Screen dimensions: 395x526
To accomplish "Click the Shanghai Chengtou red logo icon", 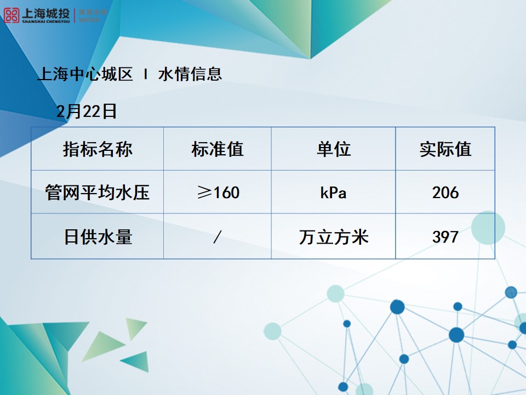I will (x=12, y=15).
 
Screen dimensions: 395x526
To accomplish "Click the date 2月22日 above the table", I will (x=87, y=111).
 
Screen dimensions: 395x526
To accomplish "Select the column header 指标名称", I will (x=98, y=149).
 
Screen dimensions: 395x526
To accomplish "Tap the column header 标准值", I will (x=218, y=149).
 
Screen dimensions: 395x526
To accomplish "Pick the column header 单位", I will (x=333, y=149).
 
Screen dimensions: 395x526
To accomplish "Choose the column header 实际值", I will (x=445, y=149).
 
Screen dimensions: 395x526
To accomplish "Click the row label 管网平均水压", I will (x=98, y=193).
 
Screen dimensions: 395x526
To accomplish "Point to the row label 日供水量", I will (x=98, y=237).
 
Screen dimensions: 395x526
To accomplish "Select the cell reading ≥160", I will (x=218, y=193).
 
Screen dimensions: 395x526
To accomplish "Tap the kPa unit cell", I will (x=333, y=193).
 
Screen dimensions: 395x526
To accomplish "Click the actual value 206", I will (x=445, y=193).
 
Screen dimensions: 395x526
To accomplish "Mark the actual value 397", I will (x=445, y=237).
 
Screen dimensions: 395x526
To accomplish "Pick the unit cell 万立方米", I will (x=333, y=237).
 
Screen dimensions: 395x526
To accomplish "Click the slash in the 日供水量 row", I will (x=218, y=237).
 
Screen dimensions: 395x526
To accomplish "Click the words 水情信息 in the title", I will (x=190, y=74).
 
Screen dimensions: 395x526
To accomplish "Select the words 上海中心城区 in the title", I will (x=85, y=74).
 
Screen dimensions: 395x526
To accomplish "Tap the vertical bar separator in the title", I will (x=145, y=74).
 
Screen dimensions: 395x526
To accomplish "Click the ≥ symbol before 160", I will (x=203, y=193).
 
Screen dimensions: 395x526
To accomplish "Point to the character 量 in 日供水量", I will (x=124, y=237).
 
